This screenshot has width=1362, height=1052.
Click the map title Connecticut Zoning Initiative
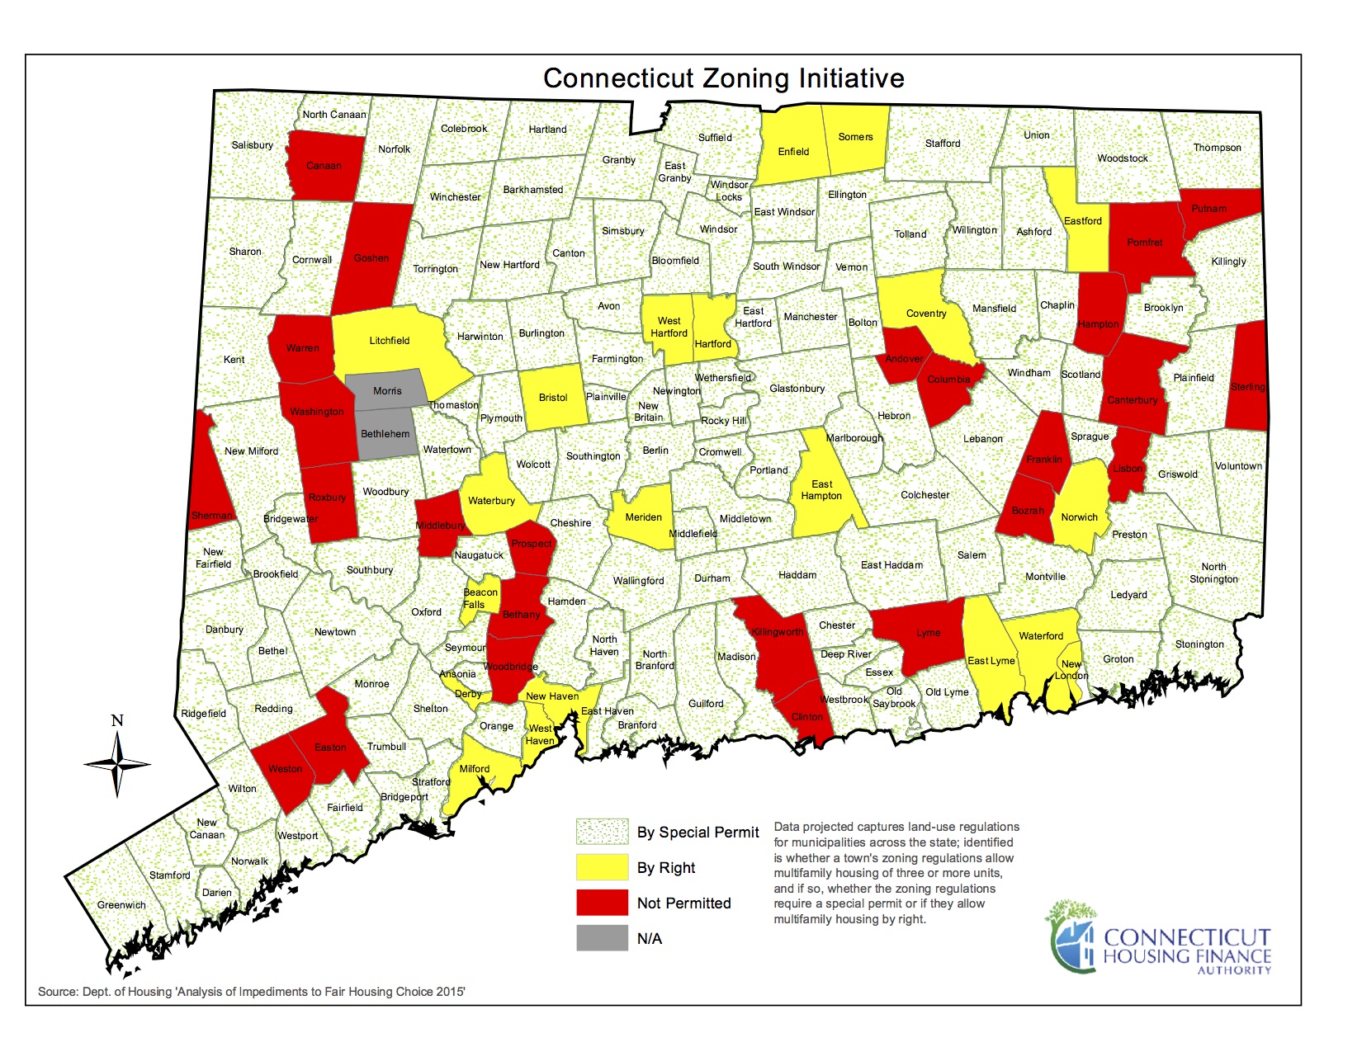tap(723, 78)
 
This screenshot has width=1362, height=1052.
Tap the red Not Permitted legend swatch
tap(602, 903)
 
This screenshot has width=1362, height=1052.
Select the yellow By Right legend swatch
tap(602, 867)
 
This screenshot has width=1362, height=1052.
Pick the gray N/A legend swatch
tap(602, 938)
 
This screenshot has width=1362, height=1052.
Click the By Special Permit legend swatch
tap(602, 832)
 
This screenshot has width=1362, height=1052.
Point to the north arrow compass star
tap(117, 764)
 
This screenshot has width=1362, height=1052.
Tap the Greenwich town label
tap(121, 905)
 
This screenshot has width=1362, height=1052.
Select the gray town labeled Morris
tap(387, 391)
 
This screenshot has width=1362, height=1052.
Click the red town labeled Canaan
tap(324, 166)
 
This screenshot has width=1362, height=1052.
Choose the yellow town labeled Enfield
tap(793, 152)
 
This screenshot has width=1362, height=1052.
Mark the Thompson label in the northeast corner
tap(1217, 148)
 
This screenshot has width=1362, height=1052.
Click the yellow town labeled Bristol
tap(553, 398)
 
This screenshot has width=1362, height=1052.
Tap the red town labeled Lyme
tap(928, 634)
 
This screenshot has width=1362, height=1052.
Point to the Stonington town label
tap(1199, 644)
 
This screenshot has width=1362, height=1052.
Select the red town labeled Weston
tap(285, 769)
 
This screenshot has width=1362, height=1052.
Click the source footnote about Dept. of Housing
tap(252, 991)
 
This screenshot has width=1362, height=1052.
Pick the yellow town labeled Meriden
tap(643, 517)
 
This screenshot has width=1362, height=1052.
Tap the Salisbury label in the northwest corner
tap(252, 145)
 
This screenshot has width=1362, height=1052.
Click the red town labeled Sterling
tap(1247, 387)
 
